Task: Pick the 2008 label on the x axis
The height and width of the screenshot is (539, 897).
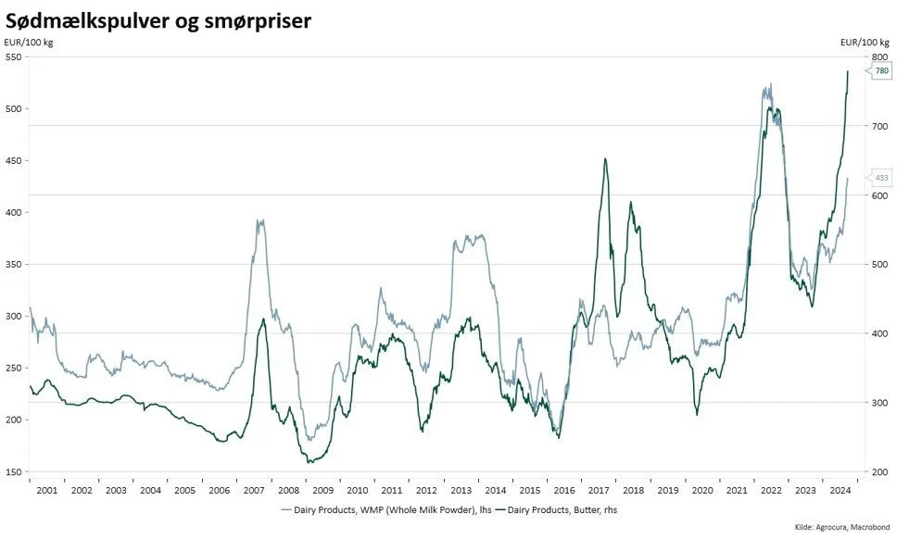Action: click(288, 490)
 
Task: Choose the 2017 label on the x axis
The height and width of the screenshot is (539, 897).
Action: click(599, 490)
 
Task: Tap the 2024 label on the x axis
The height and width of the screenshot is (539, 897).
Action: click(840, 490)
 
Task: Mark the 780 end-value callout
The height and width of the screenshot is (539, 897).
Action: click(881, 71)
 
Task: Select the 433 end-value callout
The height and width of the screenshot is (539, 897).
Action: click(881, 178)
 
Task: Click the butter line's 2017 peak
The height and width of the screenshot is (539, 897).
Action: click(605, 158)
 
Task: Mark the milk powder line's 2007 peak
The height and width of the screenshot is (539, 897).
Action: click(260, 220)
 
